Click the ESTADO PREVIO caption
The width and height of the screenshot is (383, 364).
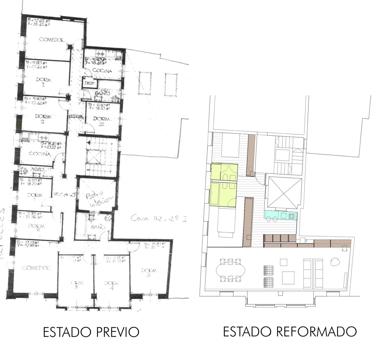click(91, 332)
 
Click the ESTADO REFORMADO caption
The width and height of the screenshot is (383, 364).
click(289, 332)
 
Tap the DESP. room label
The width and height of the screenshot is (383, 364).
click(89, 83)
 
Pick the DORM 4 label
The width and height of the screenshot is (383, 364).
click(111, 284)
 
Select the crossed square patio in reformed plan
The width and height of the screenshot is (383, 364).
click(284, 192)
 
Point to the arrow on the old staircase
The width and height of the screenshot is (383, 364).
click(89, 143)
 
